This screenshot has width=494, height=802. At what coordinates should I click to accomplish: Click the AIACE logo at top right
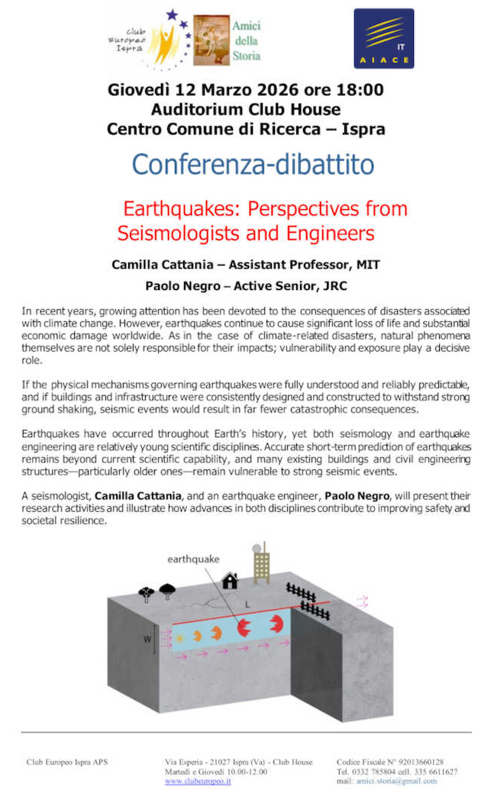pos(384,39)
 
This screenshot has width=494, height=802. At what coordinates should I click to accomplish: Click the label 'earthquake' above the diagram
pos(193,559)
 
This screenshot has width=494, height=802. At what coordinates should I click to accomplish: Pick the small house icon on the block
pos(230,581)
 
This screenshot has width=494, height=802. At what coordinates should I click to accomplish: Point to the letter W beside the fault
pos(147,639)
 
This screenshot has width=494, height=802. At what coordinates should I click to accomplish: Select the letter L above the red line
pos(247,604)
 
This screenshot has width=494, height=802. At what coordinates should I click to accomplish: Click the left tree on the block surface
pos(147,592)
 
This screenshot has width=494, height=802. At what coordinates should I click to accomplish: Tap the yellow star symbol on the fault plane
pos(179,636)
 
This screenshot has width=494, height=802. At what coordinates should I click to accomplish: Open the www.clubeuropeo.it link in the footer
pos(199,782)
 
